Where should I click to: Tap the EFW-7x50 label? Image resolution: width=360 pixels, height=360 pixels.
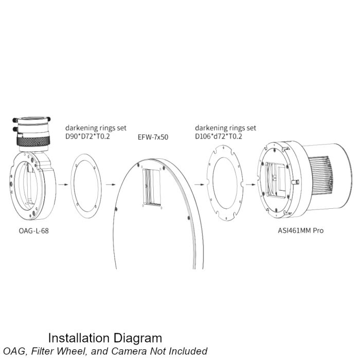[x=153, y=137]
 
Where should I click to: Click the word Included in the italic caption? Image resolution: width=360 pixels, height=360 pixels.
[x=187, y=351]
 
